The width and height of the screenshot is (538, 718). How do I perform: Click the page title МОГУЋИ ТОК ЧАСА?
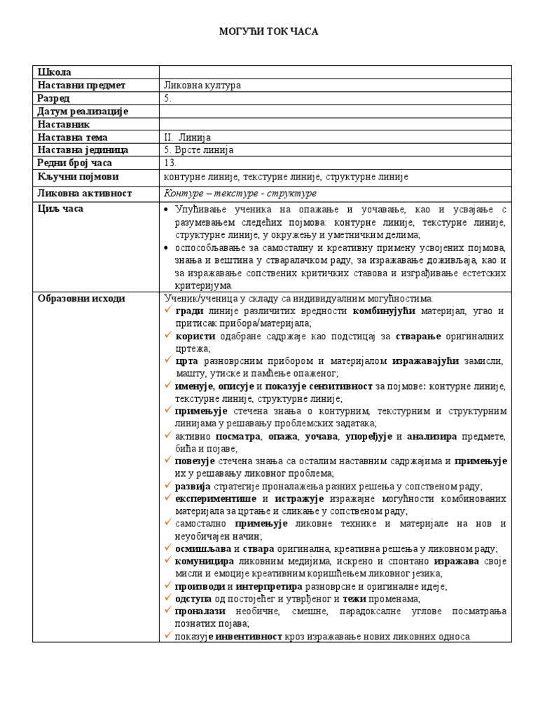pos(269,32)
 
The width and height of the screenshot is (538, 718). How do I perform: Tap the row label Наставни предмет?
pos(81,86)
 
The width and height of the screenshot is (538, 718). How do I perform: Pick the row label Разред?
pos(54,98)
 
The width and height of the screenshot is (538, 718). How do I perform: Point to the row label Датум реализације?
pos(83,111)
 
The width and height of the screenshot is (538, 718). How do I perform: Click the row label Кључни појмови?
pos(78,177)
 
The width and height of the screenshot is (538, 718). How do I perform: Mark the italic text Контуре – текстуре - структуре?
pos(240,194)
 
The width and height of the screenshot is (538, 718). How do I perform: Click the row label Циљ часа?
pos(60,209)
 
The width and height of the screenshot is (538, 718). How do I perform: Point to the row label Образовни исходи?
pos(81,299)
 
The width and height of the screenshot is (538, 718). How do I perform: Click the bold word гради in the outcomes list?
pos(189,311)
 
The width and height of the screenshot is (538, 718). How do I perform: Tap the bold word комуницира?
pos(204,562)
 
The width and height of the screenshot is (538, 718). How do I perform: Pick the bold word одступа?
pos(193,599)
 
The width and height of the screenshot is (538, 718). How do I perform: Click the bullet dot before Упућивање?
pos(167,210)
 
